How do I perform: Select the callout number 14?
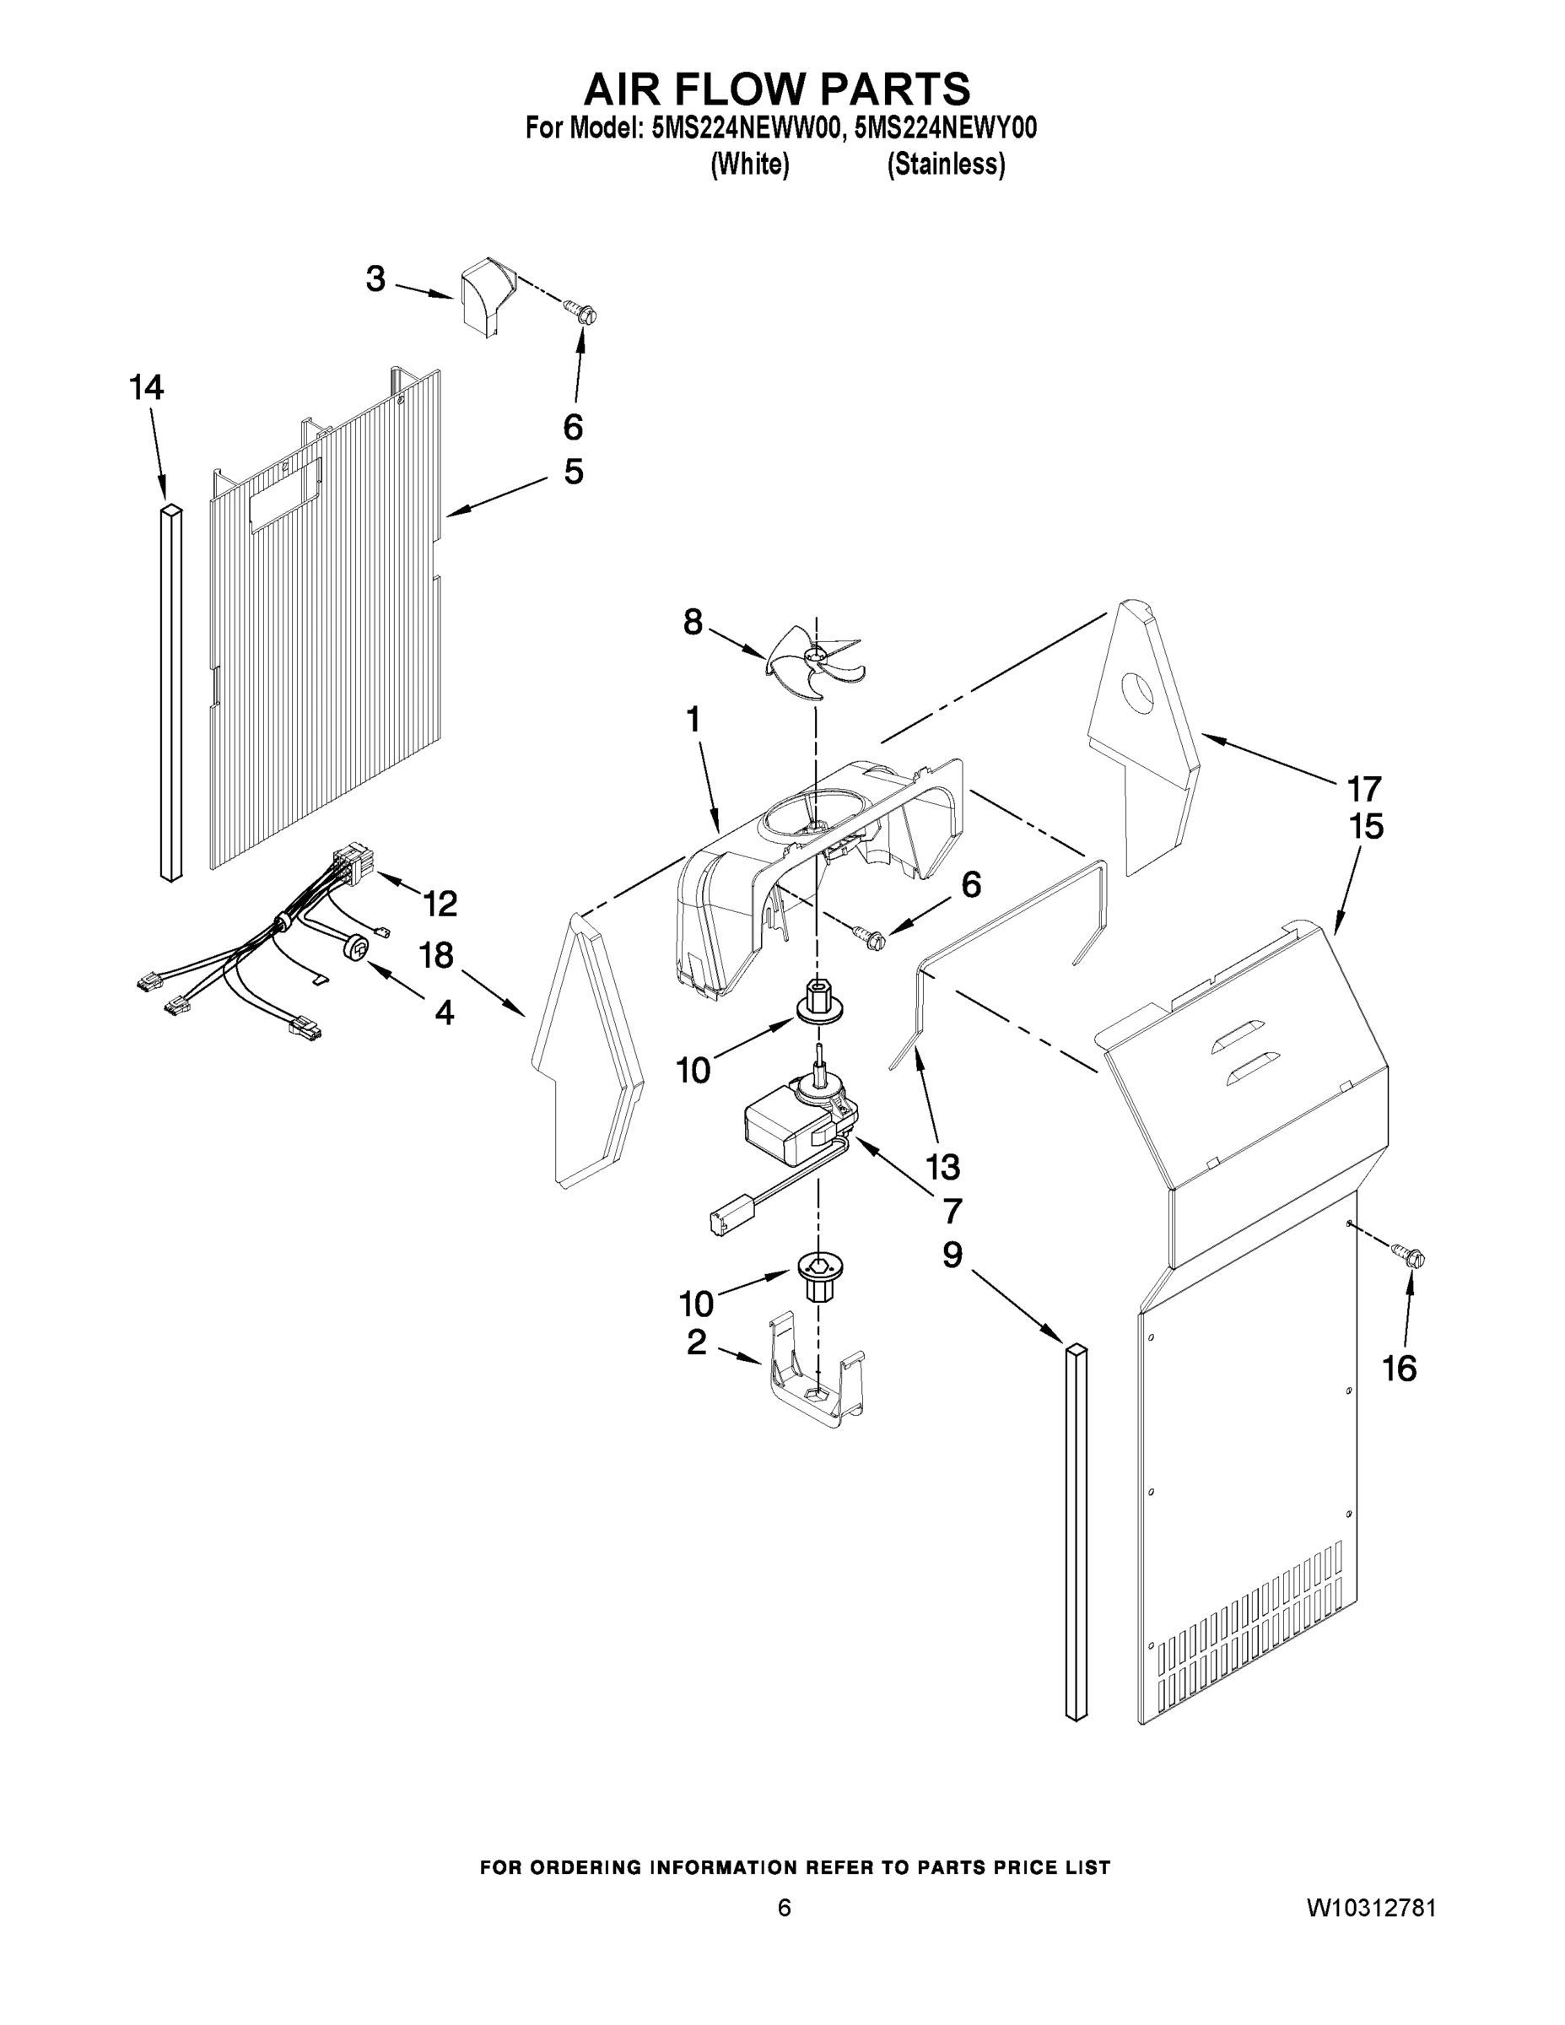[147, 387]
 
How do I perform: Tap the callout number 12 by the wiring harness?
[440, 903]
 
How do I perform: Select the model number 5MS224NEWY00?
[945, 129]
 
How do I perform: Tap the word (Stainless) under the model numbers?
[946, 165]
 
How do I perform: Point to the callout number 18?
[435, 954]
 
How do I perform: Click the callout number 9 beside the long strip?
[952, 1255]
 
